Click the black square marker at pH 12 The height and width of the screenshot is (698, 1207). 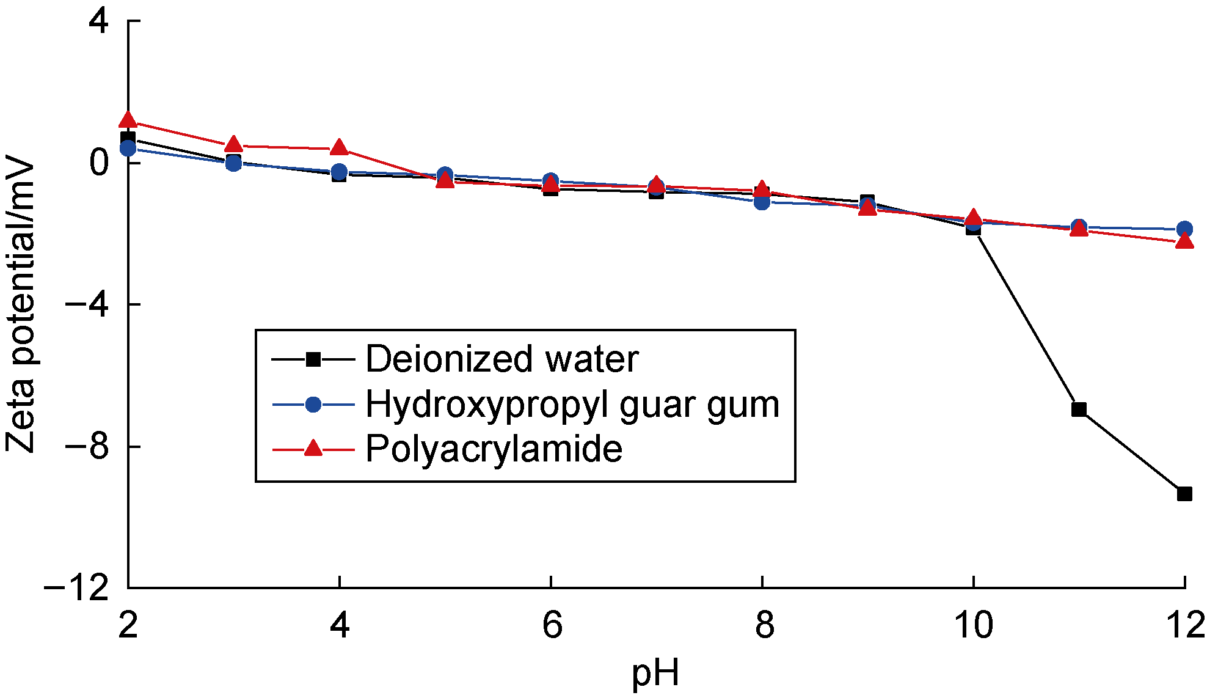pos(1184,494)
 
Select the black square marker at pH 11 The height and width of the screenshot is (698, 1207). pos(1079,409)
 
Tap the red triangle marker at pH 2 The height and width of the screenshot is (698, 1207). pos(128,120)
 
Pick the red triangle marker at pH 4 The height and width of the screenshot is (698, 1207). pos(340,148)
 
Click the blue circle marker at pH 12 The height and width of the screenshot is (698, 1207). pos(1184,229)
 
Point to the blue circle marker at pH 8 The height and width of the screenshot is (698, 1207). pos(762,202)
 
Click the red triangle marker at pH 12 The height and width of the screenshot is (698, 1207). pos(1184,241)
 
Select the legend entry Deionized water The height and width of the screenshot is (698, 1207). pos(501,359)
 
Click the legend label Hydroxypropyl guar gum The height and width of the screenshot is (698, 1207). pos(572,404)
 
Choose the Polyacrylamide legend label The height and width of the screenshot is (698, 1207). pos(494,449)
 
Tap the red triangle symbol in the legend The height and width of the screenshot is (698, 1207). pos(313,449)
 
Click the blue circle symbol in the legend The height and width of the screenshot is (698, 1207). pos(313,404)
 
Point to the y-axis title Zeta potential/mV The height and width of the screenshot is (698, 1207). pos(20,304)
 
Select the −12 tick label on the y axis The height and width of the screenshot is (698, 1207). pos(76,589)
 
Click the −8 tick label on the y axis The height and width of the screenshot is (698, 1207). pos(87,447)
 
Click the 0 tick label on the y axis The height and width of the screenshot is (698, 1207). pos(99,163)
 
